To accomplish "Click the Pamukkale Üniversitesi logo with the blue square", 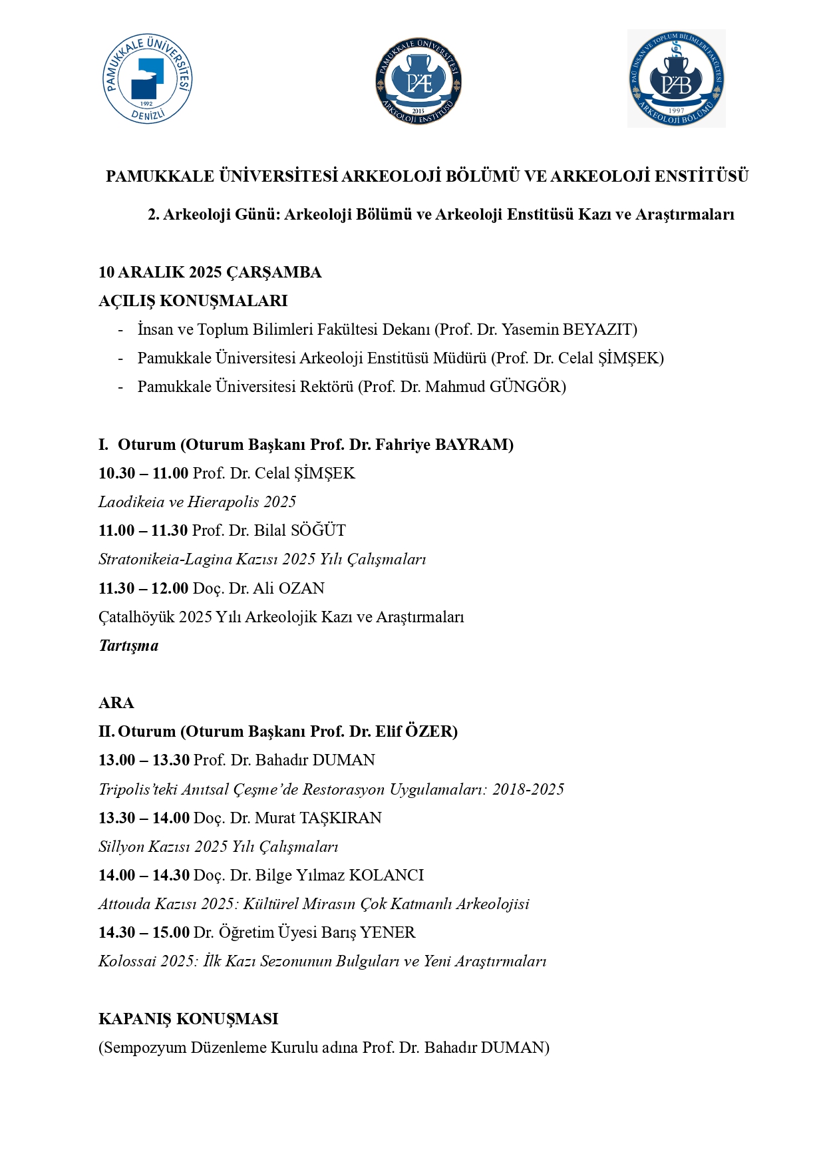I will click(x=147, y=79).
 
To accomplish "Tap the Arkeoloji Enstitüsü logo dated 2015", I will click(x=418, y=81).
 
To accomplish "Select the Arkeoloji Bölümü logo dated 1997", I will click(x=676, y=79).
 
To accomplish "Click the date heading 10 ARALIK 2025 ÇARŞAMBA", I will click(x=210, y=272).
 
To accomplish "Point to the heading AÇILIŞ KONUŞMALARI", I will click(x=193, y=301).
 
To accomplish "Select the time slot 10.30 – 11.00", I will click(x=144, y=473).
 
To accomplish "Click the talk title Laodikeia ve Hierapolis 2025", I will click(x=197, y=502).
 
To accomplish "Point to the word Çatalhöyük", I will click(x=136, y=617).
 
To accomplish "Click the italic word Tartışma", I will click(x=128, y=646).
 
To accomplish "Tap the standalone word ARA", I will click(x=116, y=703).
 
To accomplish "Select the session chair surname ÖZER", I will click(x=430, y=731).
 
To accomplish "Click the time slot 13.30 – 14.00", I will click(x=144, y=818).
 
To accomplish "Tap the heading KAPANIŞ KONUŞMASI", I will click(x=188, y=1019).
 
